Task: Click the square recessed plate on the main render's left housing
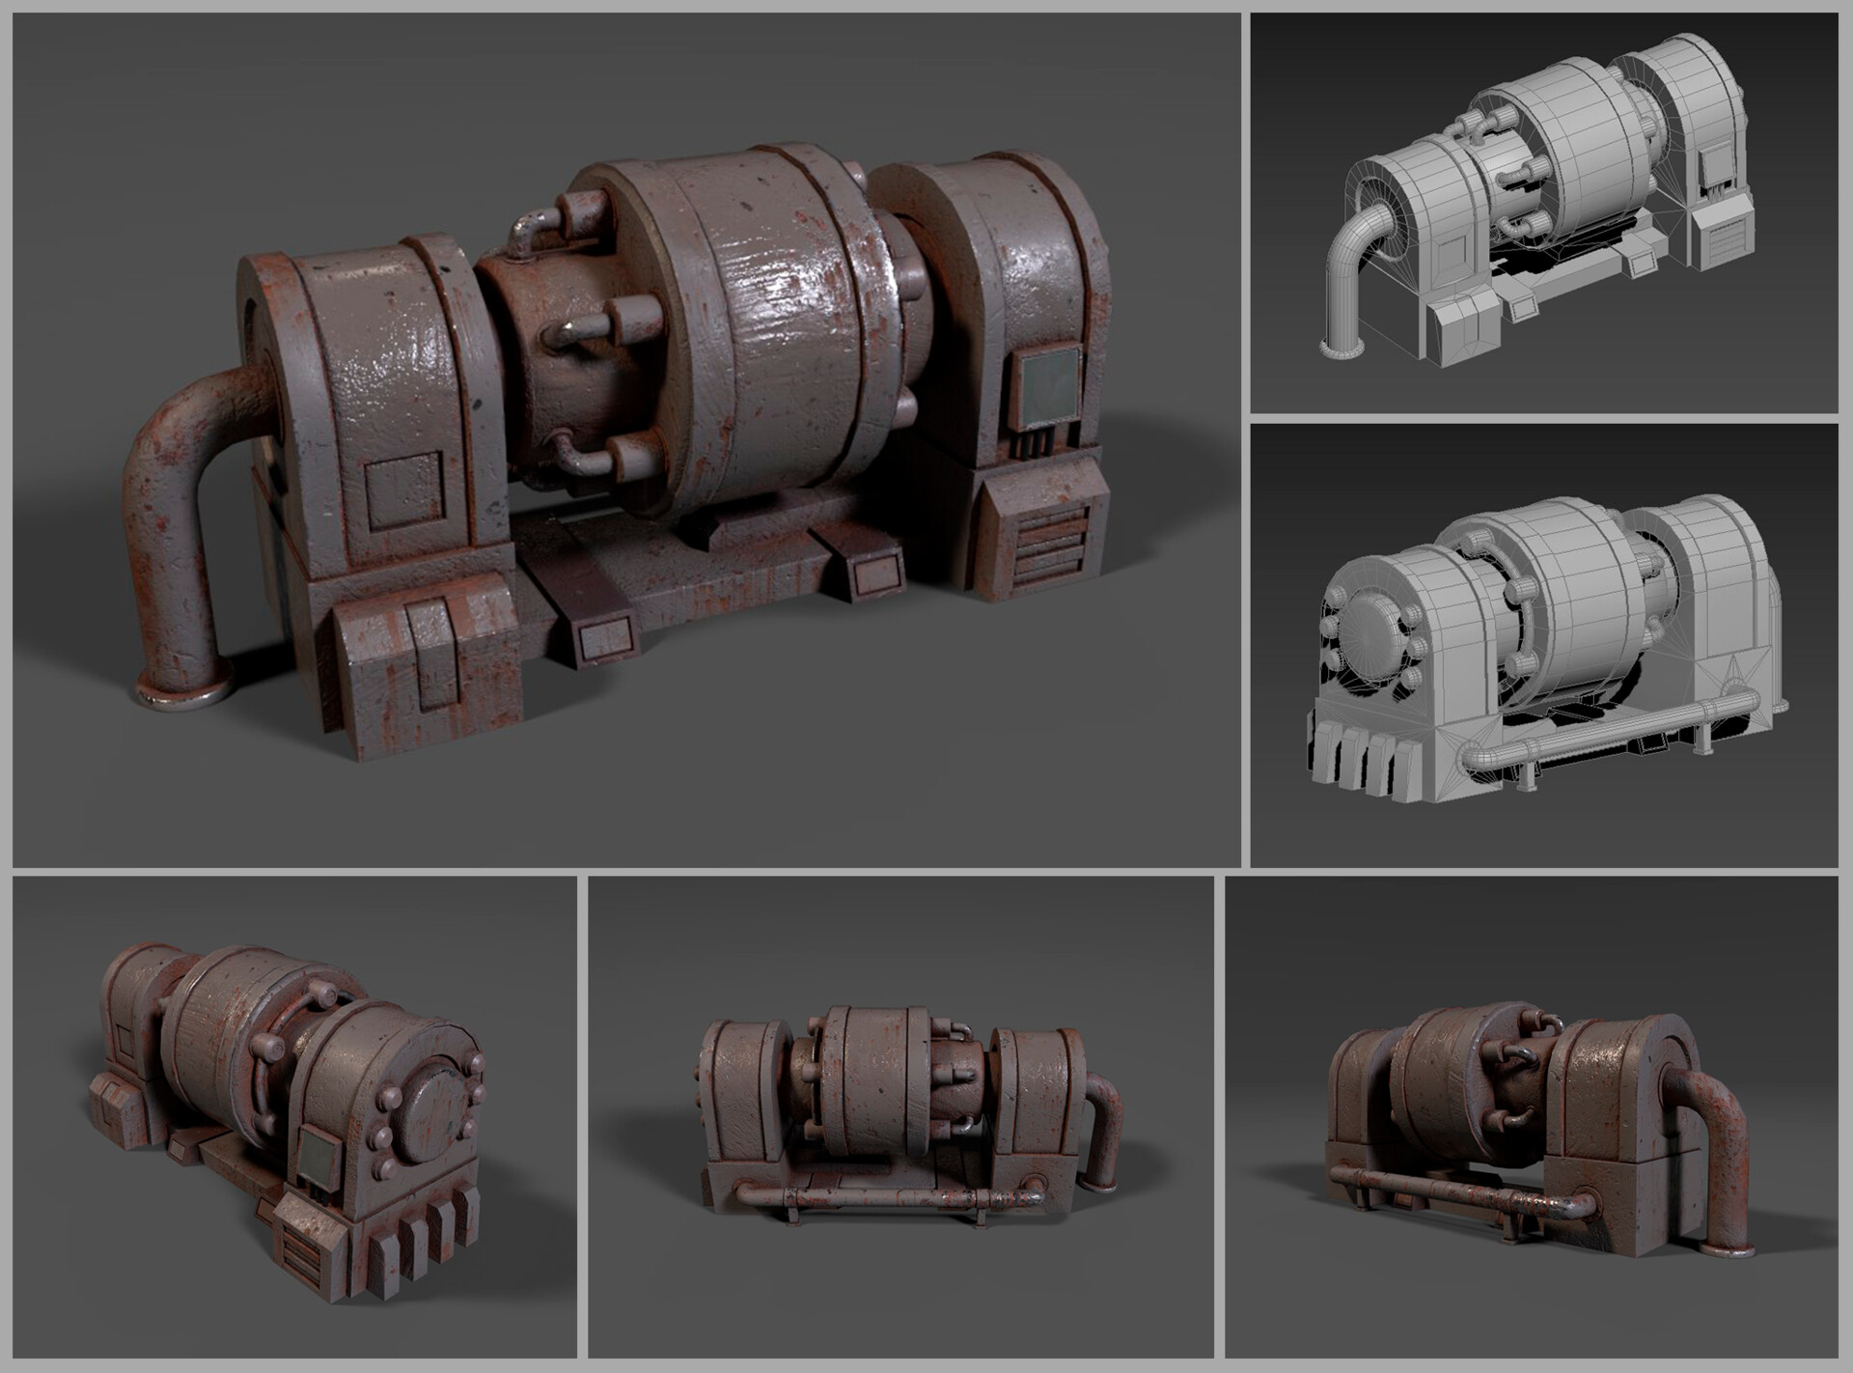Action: tap(404, 490)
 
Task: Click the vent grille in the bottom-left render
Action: tap(301, 1246)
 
